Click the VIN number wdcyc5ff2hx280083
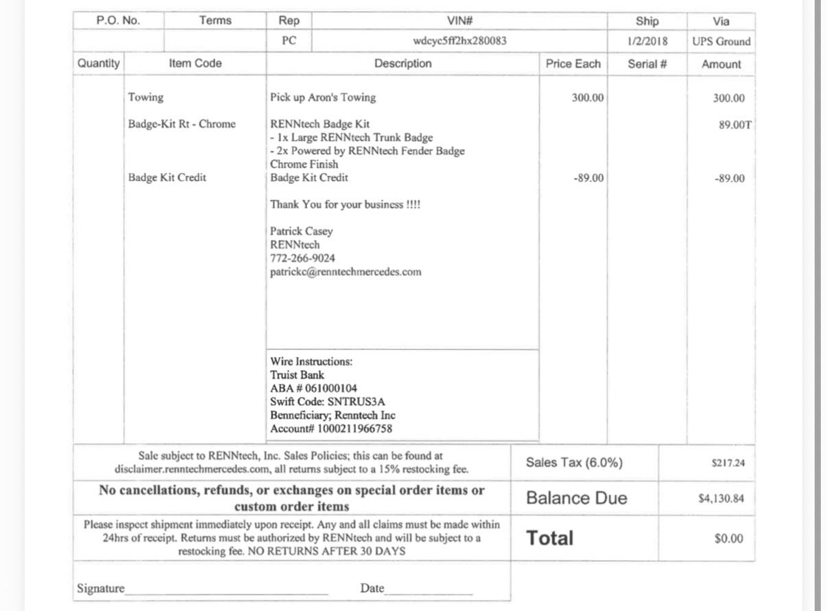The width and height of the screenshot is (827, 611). tap(459, 41)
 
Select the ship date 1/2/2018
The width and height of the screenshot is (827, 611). tap(647, 41)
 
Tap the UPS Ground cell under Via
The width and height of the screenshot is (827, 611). tap(721, 41)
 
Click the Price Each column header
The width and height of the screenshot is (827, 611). tap(573, 64)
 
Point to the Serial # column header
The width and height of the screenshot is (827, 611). tap(647, 64)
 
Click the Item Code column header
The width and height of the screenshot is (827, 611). tap(195, 63)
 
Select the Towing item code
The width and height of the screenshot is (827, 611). tap(146, 97)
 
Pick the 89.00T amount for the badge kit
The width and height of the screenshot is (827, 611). tap(731, 125)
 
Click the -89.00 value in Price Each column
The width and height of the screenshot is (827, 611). tap(588, 178)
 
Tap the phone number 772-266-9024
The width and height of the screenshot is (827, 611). tap(302, 258)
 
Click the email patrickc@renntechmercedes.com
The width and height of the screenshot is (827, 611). tap(346, 272)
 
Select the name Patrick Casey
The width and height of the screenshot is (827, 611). tap(301, 231)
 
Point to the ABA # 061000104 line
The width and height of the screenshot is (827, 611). tap(313, 389)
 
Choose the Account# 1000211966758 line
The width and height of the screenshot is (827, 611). tap(331, 429)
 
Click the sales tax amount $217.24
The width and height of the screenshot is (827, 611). tap(728, 463)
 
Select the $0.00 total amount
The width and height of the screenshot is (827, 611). tap(728, 539)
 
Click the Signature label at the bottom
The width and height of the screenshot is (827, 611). tap(101, 588)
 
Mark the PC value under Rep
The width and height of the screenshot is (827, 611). tap(289, 41)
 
